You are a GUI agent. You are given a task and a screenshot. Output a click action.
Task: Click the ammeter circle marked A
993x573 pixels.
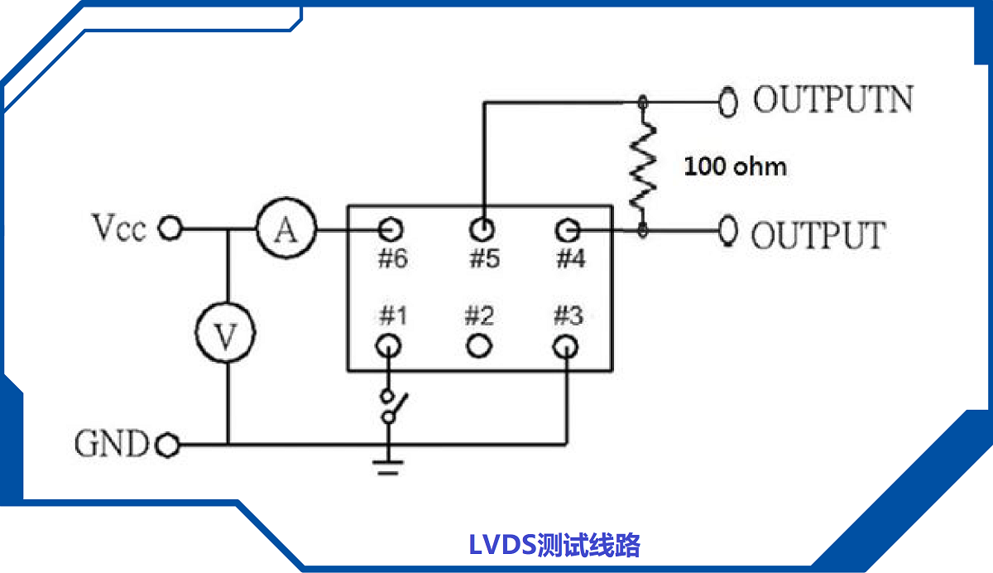[x=285, y=229]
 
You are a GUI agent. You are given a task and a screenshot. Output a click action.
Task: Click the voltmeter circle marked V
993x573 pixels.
[x=225, y=335]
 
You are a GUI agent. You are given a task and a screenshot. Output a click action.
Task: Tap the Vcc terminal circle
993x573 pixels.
[x=170, y=229]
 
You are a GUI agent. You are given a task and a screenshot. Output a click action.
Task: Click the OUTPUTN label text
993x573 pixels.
[x=832, y=100]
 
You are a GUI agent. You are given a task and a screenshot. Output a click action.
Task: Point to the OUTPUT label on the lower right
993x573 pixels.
[x=817, y=235]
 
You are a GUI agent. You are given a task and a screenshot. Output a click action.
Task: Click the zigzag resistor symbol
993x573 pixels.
[x=643, y=166]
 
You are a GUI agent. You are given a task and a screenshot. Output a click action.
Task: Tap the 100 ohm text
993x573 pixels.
[x=735, y=166]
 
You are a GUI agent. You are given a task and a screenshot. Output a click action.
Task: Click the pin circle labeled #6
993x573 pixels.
[x=391, y=228]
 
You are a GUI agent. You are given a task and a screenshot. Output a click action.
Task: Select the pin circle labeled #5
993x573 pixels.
[x=482, y=228]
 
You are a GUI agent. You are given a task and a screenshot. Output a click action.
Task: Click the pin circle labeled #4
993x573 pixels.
[x=567, y=229]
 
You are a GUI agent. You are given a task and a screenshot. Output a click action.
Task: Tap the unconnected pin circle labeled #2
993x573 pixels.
[x=479, y=344]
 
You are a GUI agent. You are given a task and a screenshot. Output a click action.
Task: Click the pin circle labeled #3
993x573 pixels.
[x=566, y=345]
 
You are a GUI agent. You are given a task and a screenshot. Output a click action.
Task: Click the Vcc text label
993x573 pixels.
[x=119, y=228]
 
